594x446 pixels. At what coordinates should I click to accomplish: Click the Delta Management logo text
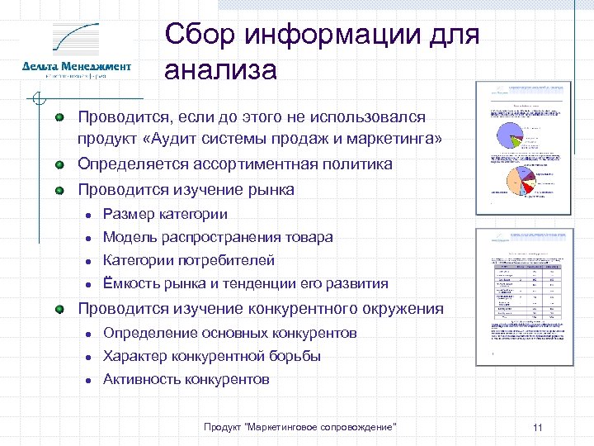coord(76,66)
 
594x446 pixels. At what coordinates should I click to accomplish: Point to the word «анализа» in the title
coord(220,70)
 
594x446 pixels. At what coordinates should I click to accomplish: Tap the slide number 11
coord(537,427)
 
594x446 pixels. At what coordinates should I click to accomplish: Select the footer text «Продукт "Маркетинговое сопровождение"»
coord(300,426)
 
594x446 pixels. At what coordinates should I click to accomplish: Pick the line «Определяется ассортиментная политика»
coord(235,164)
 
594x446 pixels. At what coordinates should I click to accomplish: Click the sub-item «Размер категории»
coord(165,214)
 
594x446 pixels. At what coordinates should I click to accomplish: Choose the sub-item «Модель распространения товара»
coord(218,237)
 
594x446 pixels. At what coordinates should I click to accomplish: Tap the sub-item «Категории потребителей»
coord(189,260)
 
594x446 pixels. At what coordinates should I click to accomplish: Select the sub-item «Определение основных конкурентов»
coord(229,333)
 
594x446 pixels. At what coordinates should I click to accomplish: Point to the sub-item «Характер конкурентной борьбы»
coord(212,356)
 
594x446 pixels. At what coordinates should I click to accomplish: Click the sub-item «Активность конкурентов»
coord(186,380)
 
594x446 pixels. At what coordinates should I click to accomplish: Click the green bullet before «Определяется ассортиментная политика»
coord(59,164)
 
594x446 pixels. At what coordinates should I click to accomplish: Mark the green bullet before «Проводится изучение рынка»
coord(59,190)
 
